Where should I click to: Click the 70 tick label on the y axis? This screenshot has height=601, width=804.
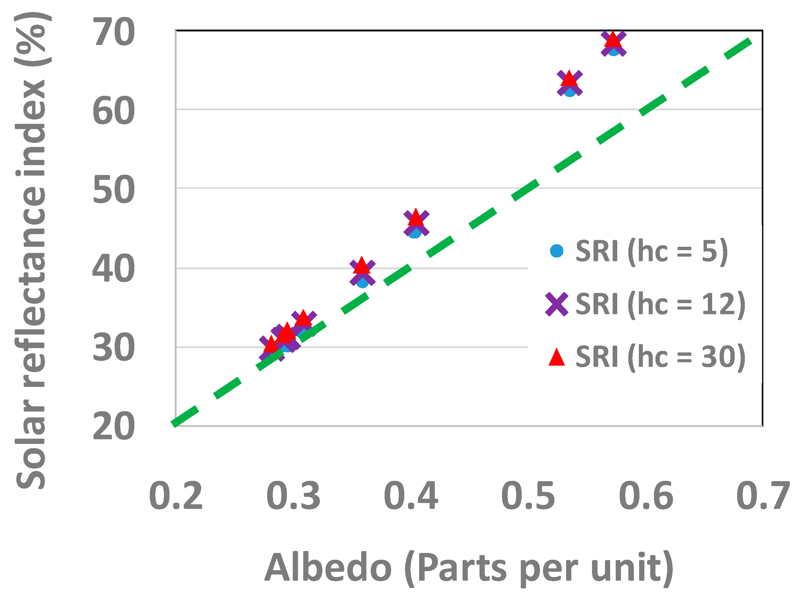pos(113,32)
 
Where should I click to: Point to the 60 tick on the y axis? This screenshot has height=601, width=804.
pos(113,111)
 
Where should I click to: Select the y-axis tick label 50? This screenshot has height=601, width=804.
pos(113,189)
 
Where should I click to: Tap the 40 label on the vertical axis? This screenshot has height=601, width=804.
pos(113,269)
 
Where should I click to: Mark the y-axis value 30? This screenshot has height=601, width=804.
pos(113,348)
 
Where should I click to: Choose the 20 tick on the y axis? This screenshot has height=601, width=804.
pos(113,426)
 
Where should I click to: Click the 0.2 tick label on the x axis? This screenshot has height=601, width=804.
pos(176,496)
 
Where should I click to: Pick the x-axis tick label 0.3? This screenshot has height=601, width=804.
pos(293,496)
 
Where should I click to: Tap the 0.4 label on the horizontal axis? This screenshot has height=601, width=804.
pos(411,496)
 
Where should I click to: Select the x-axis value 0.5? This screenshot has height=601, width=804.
pos(528,496)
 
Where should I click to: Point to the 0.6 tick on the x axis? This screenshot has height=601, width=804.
pos(646,496)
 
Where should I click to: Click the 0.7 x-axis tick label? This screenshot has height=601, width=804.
pos(763,496)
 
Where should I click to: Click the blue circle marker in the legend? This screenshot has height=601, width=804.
pos(557,251)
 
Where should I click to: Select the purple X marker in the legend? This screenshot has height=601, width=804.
pos(557,304)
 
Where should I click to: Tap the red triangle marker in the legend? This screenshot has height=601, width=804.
pos(557,358)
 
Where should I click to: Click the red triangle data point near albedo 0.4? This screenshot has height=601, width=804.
pos(416,218)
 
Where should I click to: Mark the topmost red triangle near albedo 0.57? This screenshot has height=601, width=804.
pos(613,39)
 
